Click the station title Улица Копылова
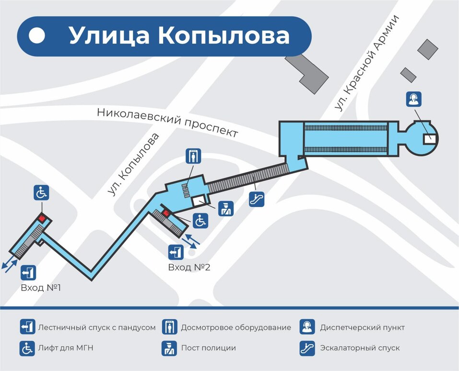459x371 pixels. pyautogui.click(x=179, y=36)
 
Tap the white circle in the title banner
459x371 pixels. pyautogui.click(x=37, y=36)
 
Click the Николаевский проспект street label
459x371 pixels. pyautogui.click(x=167, y=122)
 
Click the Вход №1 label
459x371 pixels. pyautogui.click(x=41, y=288)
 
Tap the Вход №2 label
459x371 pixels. pyautogui.click(x=189, y=267)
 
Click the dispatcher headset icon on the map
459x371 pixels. pyautogui.click(x=414, y=99)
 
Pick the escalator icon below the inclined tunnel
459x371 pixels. pyautogui.click(x=257, y=199)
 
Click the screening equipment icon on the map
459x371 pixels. pyautogui.click(x=193, y=156)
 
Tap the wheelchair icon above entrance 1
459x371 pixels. pyautogui.click(x=41, y=193)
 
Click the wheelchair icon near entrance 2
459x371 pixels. pyautogui.click(x=200, y=221)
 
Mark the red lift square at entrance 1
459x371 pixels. pyautogui.click(x=42, y=219)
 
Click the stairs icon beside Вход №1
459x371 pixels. pyautogui.click(x=28, y=273)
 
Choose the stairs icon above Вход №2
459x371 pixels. pyautogui.click(x=176, y=252)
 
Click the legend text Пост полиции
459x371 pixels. pyautogui.click(x=208, y=348)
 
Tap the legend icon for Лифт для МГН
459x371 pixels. pyautogui.click(x=27, y=348)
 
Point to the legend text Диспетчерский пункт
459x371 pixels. pyautogui.click(x=362, y=327)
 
